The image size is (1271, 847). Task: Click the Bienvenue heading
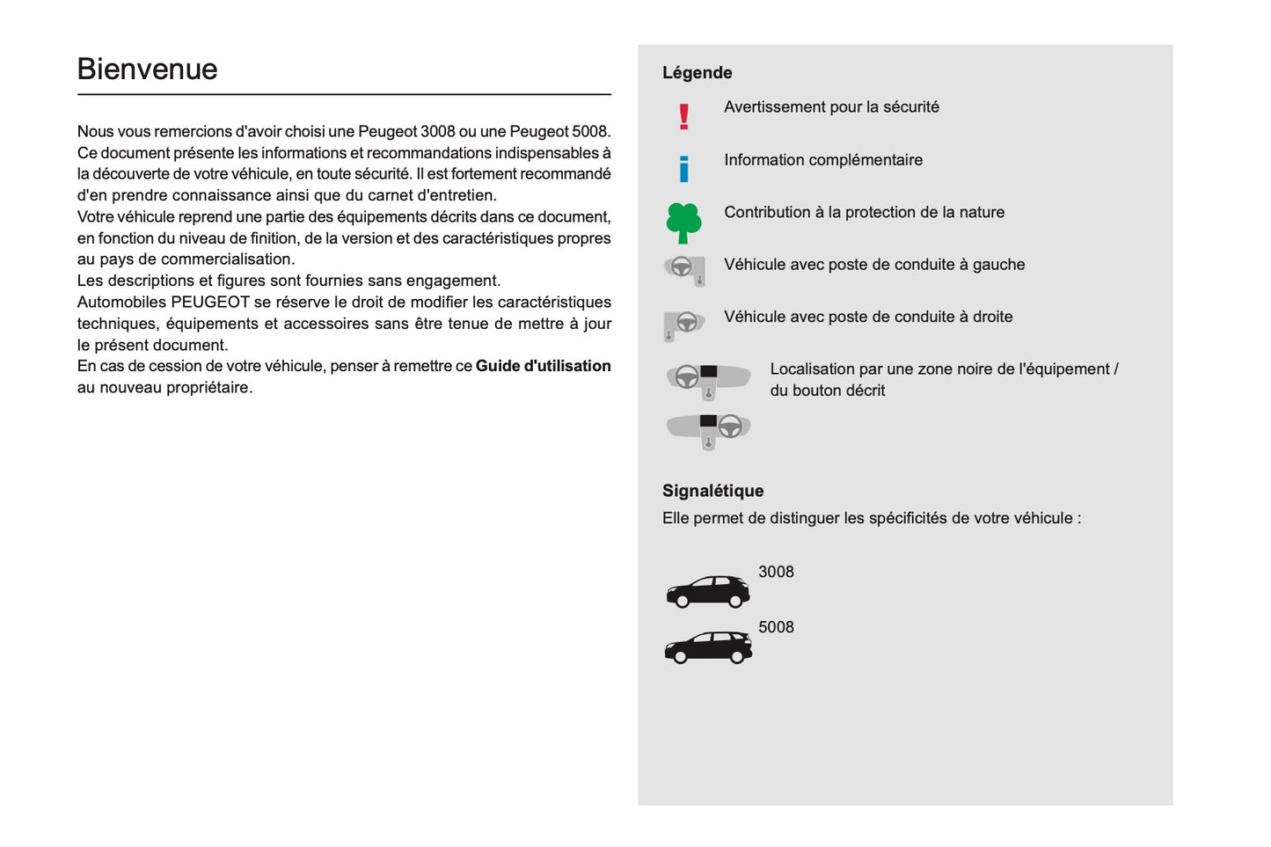(x=147, y=69)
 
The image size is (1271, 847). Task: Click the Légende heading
(x=697, y=73)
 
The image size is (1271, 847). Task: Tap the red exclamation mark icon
(x=683, y=117)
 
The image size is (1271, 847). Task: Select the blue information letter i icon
(x=683, y=168)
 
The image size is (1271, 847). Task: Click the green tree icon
(x=683, y=223)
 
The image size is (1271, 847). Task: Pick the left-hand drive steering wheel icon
(x=684, y=268)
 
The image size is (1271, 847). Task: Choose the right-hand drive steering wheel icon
(x=684, y=324)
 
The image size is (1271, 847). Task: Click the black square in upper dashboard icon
(x=708, y=372)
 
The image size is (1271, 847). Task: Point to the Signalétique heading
(x=712, y=491)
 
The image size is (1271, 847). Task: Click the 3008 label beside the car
(x=776, y=572)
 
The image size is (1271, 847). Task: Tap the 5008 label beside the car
(x=776, y=627)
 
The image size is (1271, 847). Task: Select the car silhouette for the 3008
(x=708, y=591)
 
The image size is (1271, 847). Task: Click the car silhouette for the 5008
(x=708, y=647)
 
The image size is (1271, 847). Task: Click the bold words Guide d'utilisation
(x=543, y=366)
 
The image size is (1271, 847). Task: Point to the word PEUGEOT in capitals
(x=209, y=302)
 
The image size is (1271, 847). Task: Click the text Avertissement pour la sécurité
(x=831, y=107)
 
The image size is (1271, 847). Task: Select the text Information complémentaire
(x=823, y=160)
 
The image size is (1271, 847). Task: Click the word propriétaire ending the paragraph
(x=207, y=388)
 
